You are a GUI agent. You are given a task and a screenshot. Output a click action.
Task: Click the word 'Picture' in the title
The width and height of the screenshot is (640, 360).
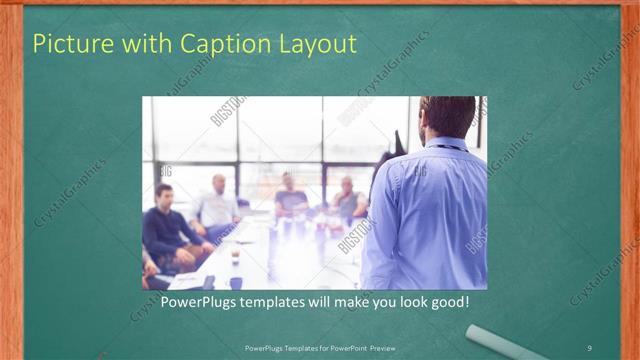click(x=71, y=44)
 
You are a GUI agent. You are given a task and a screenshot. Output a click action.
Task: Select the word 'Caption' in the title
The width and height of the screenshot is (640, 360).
click(x=223, y=44)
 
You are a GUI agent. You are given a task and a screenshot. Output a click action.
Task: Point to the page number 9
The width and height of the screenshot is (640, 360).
click(x=589, y=347)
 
